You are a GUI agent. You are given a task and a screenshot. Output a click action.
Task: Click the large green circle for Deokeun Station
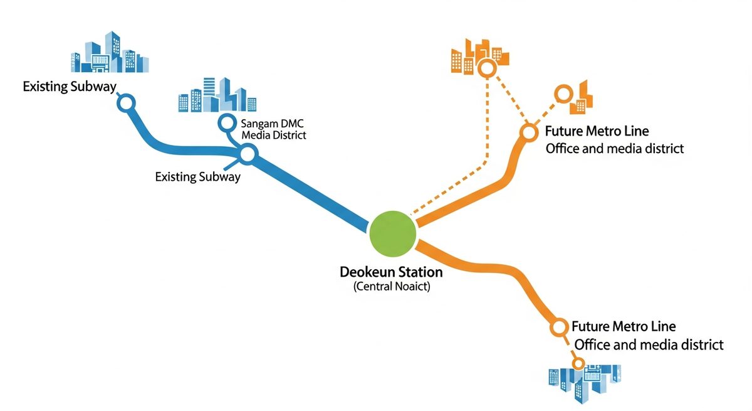pyautogui.click(x=392, y=234)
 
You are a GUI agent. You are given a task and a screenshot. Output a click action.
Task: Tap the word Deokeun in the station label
pyautogui.click(x=365, y=272)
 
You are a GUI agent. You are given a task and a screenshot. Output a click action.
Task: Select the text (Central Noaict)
pyautogui.click(x=392, y=286)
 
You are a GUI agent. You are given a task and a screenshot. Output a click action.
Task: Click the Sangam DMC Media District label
pyautogui.click(x=273, y=129)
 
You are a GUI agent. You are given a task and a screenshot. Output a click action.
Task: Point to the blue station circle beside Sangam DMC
pyautogui.click(x=227, y=122)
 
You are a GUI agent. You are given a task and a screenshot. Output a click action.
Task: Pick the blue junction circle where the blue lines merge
pyautogui.click(x=248, y=154)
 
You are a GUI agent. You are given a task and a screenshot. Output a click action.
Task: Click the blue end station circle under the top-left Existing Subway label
pyautogui.click(x=126, y=103)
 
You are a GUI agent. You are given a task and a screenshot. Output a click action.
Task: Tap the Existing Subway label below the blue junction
pyautogui.click(x=198, y=177)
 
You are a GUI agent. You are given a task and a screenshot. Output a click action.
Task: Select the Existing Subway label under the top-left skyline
pyautogui.click(x=70, y=87)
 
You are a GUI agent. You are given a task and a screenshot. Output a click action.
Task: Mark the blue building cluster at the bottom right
pyautogui.click(x=585, y=384)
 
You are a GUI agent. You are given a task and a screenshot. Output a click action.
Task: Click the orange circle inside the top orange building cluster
pyautogui.click(x=487, y=68)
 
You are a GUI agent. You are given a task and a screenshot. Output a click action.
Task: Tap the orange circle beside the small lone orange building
pyautogui.click(x=563, y=93)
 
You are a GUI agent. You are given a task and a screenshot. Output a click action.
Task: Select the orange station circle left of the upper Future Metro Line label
pyautogui.click(x=529, y=132)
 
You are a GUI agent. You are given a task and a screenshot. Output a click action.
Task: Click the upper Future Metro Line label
pyautogui.click(x=597, y=131)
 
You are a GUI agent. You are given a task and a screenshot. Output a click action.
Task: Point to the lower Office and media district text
pyautogui.click(x=649, y=344)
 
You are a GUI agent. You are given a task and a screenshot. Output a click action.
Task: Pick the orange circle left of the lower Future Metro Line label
pyautogui.click(x=558, y=327)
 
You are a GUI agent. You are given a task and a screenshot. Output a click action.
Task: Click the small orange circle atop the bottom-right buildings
pyautogui.click(x=578, y=363)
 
